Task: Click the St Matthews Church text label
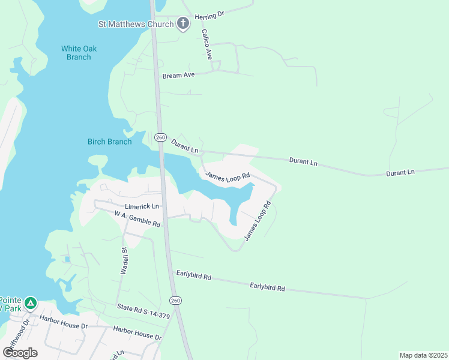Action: coord(136,24)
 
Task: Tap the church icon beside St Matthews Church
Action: coord(183,24)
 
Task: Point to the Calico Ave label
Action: coord(207,44)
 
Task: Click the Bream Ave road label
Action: coord(179,76)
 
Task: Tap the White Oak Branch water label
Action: coord(79,53)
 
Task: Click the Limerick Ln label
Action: coord(142,206)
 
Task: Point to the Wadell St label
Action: coord(124,261)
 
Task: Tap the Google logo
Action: coord(20,352)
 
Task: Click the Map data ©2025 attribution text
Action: coord(423,355)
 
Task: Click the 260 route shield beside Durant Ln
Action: coord(160,137)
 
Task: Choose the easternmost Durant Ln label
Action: coord(400,172)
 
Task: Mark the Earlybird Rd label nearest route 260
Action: coord(193,277)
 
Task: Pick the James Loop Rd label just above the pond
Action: coord(227,176)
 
